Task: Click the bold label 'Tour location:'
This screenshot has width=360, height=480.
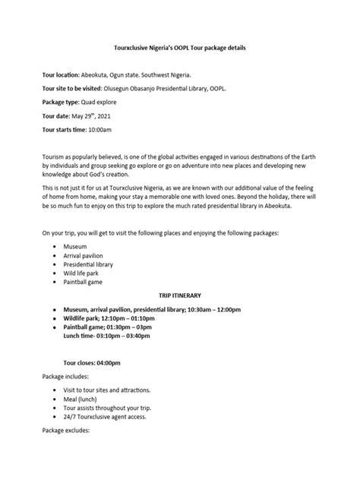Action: click(65, 75)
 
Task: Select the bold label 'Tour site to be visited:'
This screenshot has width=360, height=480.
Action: click(77, 88)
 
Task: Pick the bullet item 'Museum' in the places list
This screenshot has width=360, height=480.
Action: click(77, 247)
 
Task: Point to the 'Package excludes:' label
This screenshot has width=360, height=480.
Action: click(67, 431)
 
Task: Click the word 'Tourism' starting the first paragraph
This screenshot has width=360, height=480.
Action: click(55, 154)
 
